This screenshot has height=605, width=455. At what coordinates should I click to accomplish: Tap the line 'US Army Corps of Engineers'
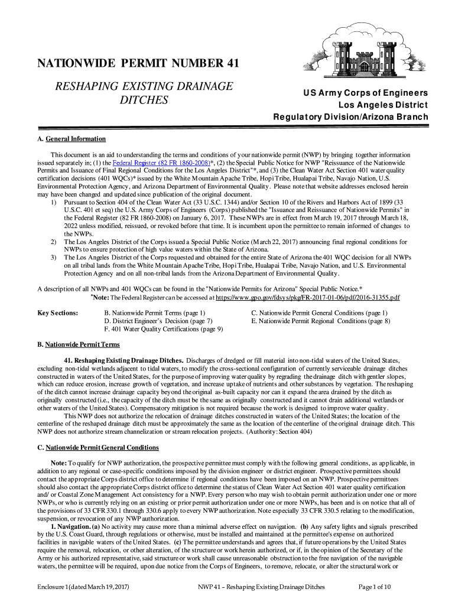[x=366, y=93]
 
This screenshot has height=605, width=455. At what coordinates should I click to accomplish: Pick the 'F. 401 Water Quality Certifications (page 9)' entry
[x=163, y=329]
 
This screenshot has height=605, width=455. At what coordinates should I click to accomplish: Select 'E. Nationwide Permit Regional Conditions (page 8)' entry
[x=320, y=321]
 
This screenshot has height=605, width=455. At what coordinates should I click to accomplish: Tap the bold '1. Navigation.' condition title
[x=70, y=526]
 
